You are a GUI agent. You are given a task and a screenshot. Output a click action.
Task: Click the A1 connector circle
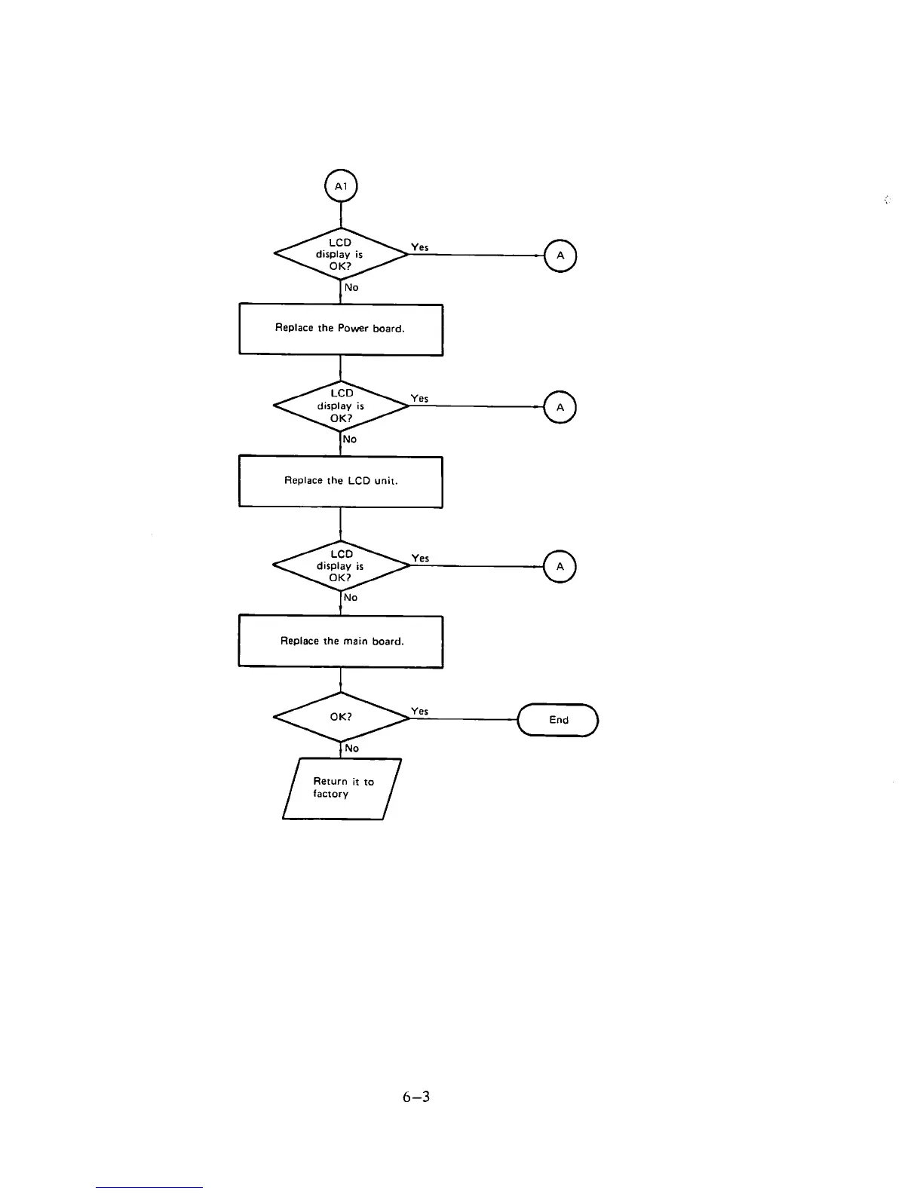341,185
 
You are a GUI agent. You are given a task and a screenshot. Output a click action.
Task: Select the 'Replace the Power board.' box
341,329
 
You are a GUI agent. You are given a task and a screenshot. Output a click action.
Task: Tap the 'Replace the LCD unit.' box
341,482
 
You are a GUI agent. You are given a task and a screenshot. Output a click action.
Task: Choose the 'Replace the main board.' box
341,641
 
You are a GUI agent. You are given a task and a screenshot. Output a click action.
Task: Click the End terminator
558,720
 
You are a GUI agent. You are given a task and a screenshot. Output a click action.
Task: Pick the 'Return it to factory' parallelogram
342,788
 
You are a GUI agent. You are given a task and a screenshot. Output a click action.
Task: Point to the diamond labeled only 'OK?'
341,717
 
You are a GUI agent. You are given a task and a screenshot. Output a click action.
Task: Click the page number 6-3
416,1097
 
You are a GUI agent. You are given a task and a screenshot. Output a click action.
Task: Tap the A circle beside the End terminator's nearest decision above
560,567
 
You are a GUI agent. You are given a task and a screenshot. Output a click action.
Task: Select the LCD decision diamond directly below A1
341,254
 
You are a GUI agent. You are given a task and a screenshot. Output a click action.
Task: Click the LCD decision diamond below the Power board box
341,406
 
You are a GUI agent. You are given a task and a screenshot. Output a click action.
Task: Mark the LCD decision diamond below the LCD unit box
341,566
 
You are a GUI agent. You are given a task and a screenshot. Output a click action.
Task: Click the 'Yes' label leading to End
420,711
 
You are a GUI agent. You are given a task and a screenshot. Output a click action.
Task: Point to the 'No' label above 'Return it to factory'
351,749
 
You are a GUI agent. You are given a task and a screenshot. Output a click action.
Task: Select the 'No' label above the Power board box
351,287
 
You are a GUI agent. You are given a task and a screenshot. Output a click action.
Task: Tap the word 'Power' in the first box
353,329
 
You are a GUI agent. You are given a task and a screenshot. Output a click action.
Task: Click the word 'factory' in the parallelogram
331,794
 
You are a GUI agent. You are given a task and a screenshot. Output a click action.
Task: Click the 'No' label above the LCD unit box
350,439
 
